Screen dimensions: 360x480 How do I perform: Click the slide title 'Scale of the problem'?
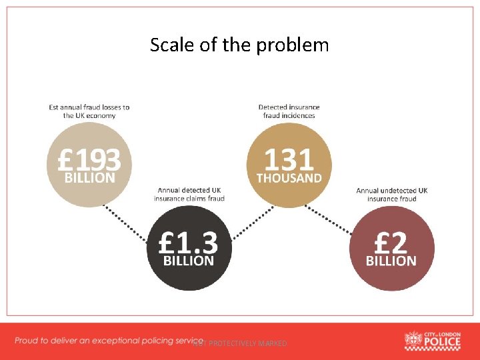[239, 45]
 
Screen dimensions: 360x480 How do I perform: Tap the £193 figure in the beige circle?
[89, 160]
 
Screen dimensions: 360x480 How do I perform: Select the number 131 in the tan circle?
[289, 160]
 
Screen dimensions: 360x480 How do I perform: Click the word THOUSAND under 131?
[289, 179]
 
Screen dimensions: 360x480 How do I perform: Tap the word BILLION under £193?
[89, 178]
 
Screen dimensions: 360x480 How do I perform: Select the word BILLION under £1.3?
[189, 261]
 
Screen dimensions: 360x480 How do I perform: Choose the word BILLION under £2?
[391, 261]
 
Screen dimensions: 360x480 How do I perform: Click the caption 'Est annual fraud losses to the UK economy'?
[89, 111]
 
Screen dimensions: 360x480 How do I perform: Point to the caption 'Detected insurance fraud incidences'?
[289, 111]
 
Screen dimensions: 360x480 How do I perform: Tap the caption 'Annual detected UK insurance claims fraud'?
[189, 194]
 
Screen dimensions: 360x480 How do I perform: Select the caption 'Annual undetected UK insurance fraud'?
[392, 194]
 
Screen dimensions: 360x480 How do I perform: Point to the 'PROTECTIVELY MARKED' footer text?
[247, 343]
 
